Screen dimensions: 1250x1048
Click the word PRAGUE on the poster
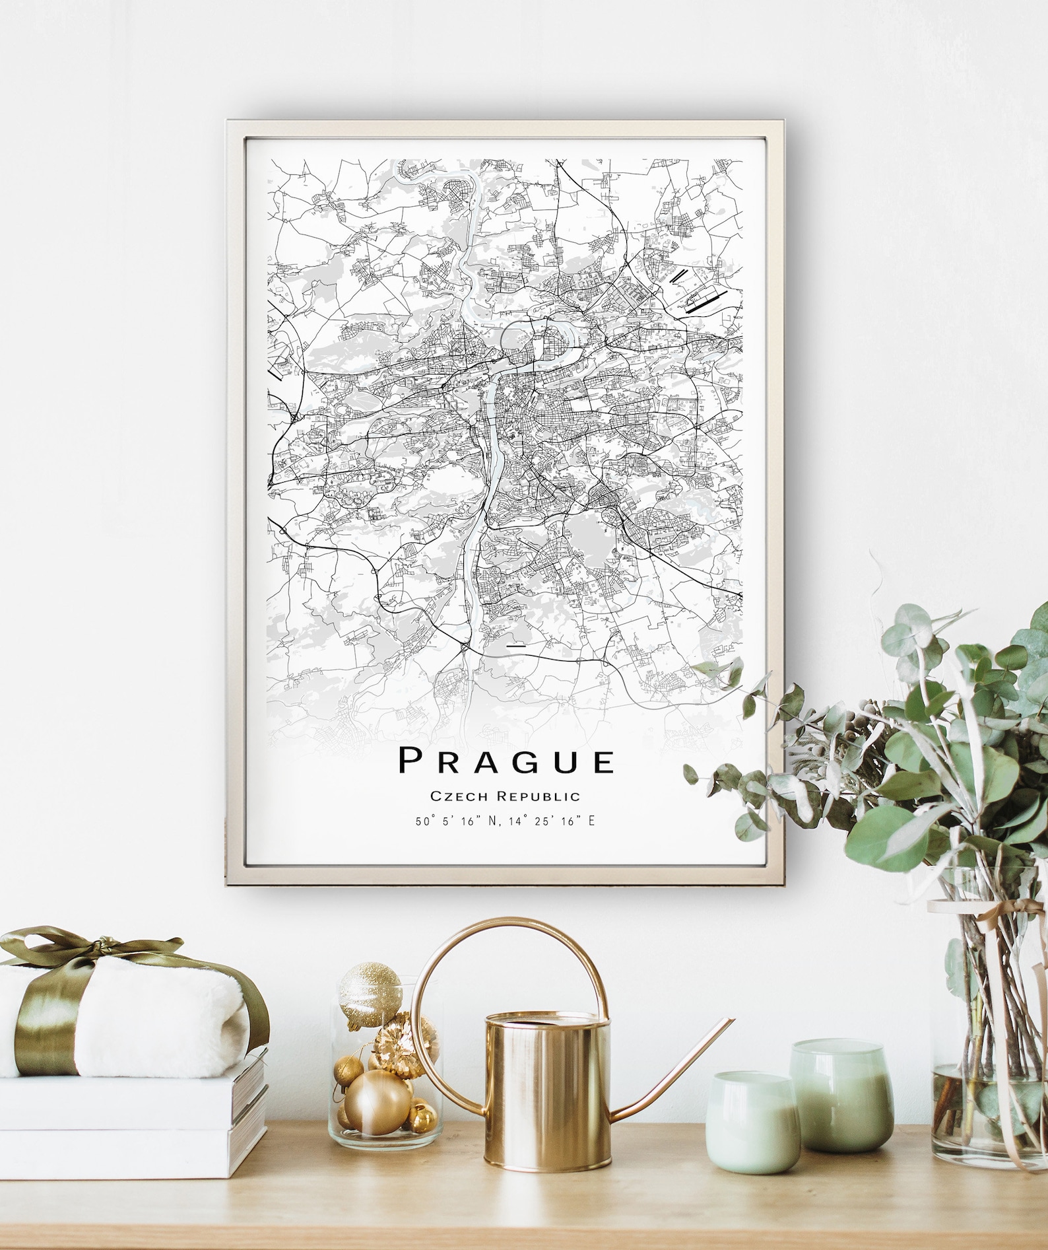(x=507, y=761)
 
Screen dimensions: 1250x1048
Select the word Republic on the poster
(x=539, y=796)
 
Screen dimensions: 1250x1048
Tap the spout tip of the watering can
(x=729, y=1022)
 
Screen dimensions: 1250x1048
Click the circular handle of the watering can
(x=508, y=977)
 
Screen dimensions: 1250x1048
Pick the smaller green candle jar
(x=750, y=1121)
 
